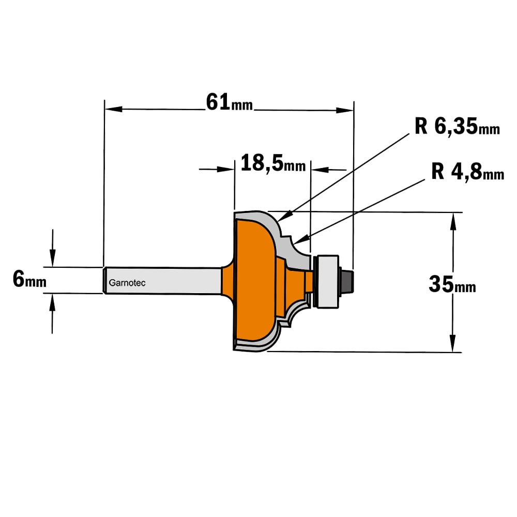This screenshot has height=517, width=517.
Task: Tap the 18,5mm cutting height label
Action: pos(273,163)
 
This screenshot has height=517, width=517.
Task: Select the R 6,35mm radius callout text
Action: pos(457,126)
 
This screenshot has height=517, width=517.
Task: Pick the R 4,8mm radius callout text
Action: pos(467,172)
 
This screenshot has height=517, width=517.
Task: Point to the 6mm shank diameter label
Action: pos(29,279)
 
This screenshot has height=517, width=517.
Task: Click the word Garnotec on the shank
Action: pos(127,283)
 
